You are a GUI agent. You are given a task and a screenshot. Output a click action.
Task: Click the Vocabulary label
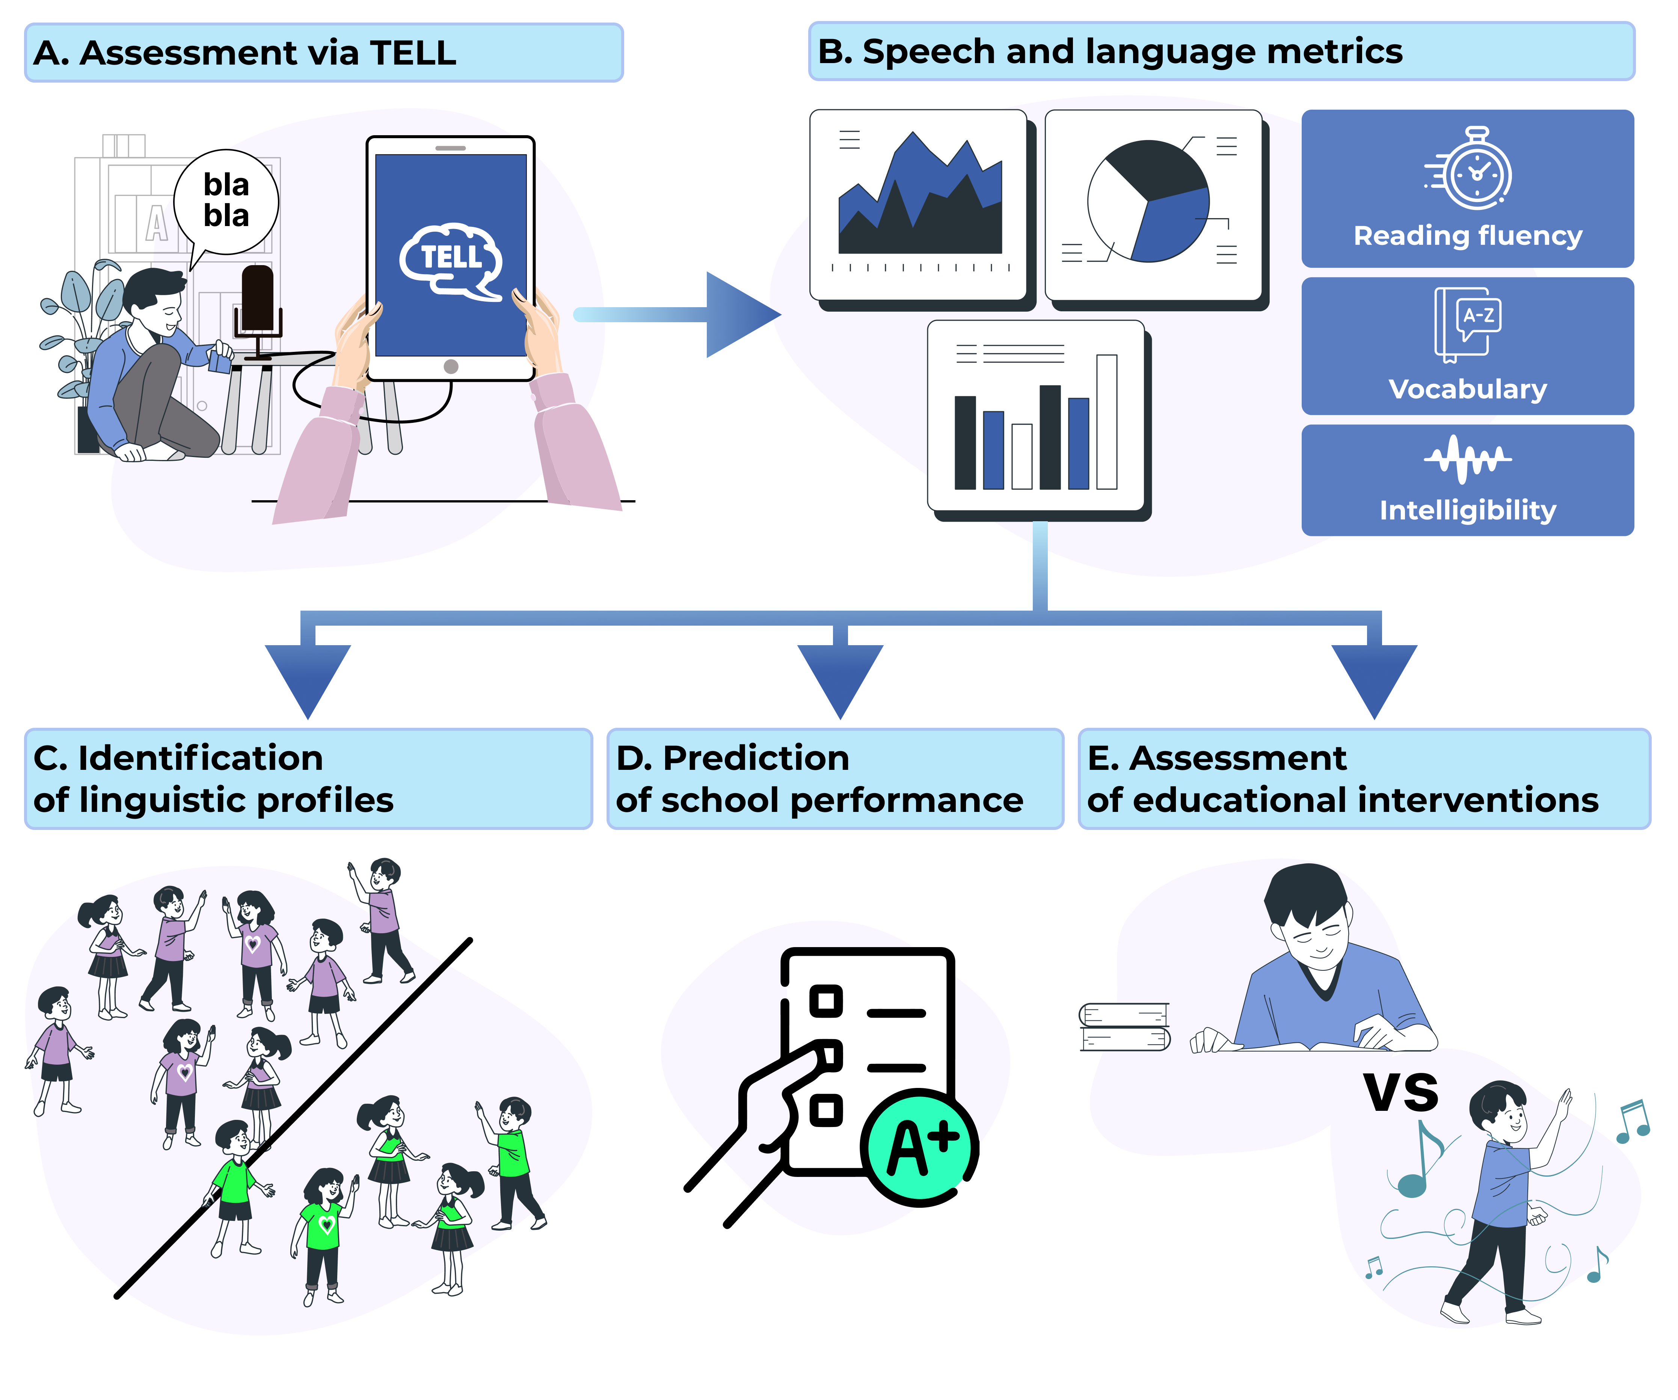(1468, 389)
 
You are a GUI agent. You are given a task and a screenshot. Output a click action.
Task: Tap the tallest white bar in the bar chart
(1107, 422)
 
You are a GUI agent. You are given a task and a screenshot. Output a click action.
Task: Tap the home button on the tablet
(451, 366)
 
